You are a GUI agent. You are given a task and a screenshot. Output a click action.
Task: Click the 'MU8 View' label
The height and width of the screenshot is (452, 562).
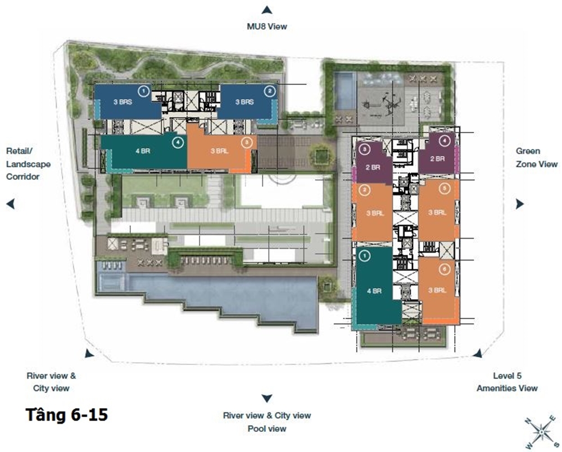(x=267, y=26)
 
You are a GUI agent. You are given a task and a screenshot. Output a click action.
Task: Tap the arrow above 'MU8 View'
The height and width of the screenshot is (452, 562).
(x=266, y=10)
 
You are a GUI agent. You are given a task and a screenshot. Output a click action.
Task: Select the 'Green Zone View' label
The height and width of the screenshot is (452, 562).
(x=537, y=158)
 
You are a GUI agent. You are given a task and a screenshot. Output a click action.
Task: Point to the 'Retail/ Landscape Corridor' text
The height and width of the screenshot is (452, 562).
(x=28, y=164)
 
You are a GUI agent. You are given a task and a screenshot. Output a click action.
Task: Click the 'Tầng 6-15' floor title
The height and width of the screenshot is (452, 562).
(x=67, y=415)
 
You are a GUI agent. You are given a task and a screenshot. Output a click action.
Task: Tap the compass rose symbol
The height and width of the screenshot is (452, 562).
(x=541, y=432)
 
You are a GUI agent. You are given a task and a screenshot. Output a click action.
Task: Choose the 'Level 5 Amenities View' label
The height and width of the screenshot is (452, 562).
(x=507, y=382)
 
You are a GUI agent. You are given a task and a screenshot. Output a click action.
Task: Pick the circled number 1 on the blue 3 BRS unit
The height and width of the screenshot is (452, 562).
(x=143, y=92)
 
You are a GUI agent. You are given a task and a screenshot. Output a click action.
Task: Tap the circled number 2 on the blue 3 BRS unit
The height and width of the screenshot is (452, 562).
(x=270, y=92)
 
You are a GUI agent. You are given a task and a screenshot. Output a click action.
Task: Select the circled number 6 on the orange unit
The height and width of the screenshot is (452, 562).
(x=445, y=270)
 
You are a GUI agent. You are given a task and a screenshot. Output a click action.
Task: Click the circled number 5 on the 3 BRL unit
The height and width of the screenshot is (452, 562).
(x=445, y=189)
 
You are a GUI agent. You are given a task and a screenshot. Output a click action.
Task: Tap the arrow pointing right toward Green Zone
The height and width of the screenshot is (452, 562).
(x=520, y=204)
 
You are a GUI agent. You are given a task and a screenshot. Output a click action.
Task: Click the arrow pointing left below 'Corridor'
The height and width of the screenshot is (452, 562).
(x=10, y=204)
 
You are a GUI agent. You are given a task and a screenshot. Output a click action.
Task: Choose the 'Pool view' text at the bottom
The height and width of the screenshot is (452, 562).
(x=267, y=428)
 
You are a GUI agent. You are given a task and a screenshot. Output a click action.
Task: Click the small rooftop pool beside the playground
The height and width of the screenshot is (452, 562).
(x=346, y=91)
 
